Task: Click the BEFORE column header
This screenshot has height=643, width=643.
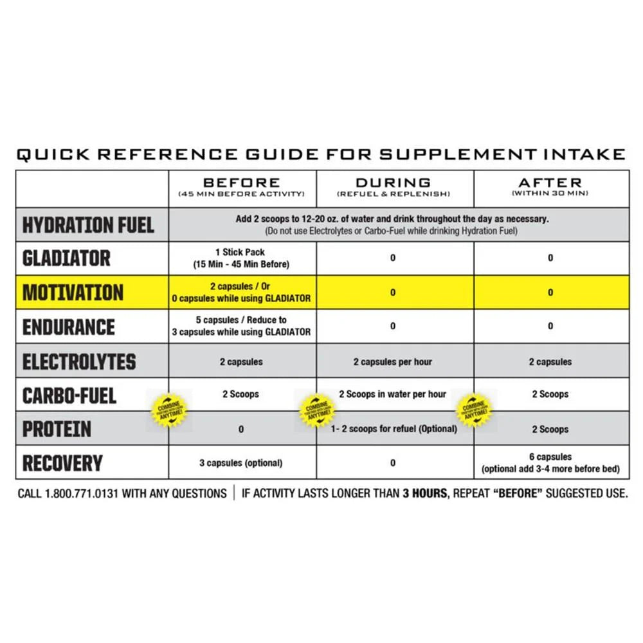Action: point(242,183)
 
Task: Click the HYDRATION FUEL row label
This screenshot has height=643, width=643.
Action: point(89,225)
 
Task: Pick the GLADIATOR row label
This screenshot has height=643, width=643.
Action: point(67,258)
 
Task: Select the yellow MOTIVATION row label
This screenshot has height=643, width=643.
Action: point(73,293)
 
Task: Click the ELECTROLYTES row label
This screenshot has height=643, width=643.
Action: point(79,361)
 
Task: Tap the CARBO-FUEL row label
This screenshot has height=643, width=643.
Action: point(69,395)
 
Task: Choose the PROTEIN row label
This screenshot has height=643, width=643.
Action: point(57,430)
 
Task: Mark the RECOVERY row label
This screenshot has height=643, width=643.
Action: point(63,463)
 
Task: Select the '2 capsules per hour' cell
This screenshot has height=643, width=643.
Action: point(393,362)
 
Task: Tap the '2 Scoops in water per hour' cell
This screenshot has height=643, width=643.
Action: point(393,394)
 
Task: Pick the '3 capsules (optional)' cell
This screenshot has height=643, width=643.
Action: point(241,463)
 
